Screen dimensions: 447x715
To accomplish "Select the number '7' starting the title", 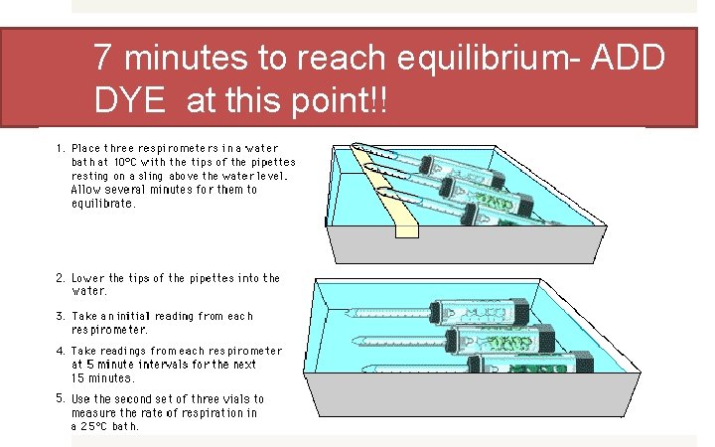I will pyautogui.click(x=103, y=60).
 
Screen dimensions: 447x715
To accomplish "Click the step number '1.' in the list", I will pyautogui.click(x=61, y=148).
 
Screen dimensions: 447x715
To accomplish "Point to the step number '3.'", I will pyautogui.click(x=61, y=316).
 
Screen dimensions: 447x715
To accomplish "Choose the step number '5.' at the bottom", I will pyautogui.click(x=61, y=398).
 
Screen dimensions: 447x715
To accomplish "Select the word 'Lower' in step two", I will pyautogui.click(x=86, y=278).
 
